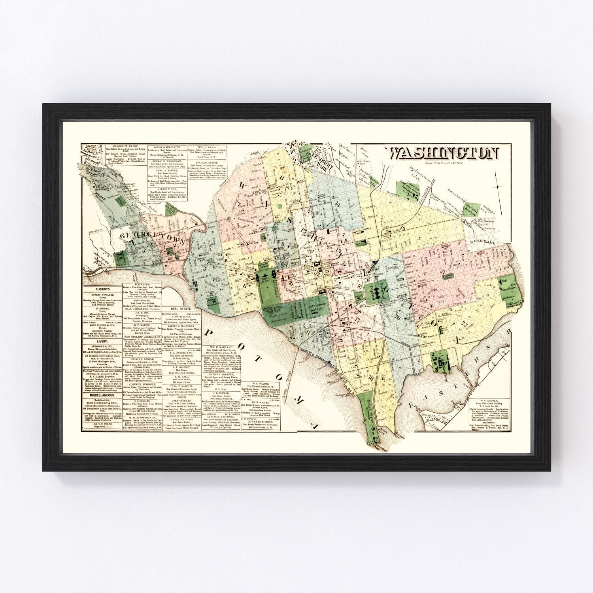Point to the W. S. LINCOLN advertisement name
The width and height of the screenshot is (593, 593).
(487, 401)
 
